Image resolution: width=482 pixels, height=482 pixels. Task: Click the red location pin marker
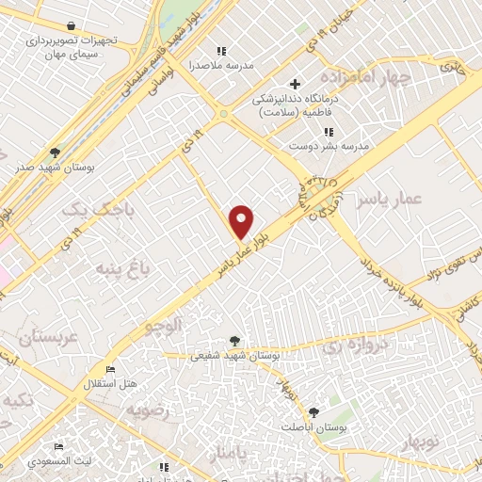(242, 221)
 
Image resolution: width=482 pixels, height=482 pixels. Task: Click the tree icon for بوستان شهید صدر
(56, 152)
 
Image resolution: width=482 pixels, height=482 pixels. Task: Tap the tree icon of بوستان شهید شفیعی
(234, 341)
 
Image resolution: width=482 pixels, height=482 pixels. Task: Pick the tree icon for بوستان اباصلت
(313, 411)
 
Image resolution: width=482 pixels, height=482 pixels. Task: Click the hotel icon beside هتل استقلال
(111, 369)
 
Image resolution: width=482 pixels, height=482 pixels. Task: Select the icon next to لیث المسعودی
(58, 446)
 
